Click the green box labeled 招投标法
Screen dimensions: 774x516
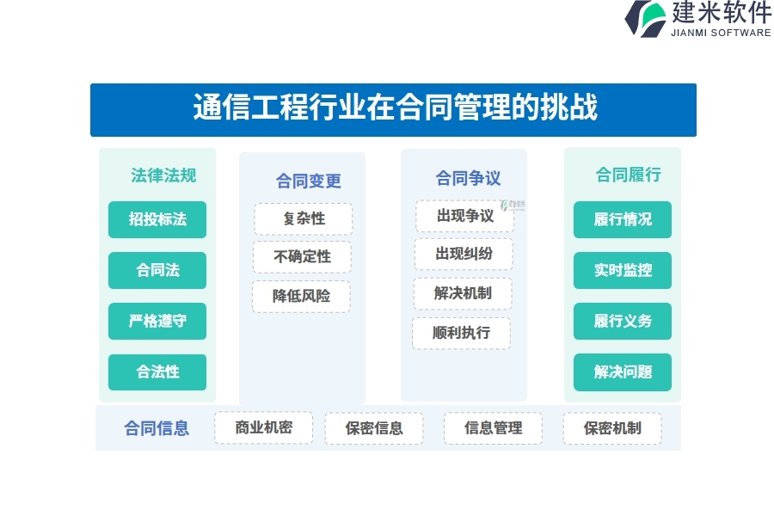tap(157, 219)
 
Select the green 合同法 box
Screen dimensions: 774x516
tap(157, 270)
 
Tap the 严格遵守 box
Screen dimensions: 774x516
tap(157, 321)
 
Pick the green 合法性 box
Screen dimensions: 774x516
tap(157, 372)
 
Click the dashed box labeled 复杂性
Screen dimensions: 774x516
tap(304, 218)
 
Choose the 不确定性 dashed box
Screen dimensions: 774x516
tap(303, 257)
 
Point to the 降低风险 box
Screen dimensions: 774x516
tap(302, 296)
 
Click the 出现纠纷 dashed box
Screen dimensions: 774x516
tap(464, 254)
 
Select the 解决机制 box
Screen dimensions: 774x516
tap(463, 293)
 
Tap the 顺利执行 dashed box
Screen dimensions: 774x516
tap(462, 334)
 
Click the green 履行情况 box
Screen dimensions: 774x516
tap(623, 219)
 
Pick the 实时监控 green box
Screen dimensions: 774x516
tap(623, 270)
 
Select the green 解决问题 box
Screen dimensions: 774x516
tap(623, 372)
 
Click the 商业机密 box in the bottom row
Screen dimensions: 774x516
tap(264, 427)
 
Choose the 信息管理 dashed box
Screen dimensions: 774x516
tap(493, 428)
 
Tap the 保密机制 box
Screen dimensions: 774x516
tap(612, 428)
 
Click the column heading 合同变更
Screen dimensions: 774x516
tap(309, 181)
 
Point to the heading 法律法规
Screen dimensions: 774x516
tap(163, 175)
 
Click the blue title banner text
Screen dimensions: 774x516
tap(396, 107)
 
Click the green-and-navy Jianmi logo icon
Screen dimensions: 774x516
tap(646, 19)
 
